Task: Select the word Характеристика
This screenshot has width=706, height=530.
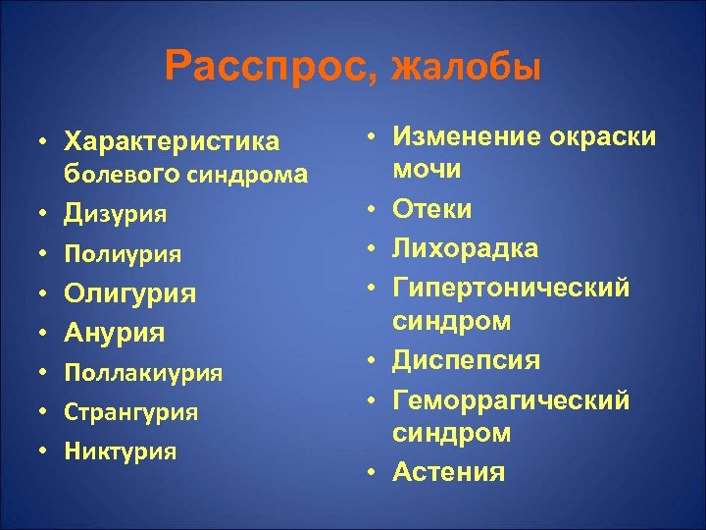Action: click(x=171, y=142)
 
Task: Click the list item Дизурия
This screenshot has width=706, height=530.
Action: click(x=114, y=212)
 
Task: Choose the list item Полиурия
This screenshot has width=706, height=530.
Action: click(x=122, y=253)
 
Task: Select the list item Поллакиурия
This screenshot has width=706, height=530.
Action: click(x=143, y=373)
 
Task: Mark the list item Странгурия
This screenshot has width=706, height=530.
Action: click(x=130, y=412)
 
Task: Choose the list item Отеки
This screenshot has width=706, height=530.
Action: click(x=431, y=208)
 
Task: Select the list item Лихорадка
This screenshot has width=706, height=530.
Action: click(x=465, y=247)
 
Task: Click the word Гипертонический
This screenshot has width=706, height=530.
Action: click(x=511, y=287)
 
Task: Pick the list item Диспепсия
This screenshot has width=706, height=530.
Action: click(x=466, y=360)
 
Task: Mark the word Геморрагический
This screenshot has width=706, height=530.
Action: click(x=511, y=400)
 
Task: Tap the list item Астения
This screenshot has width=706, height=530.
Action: click(x=448, y=472)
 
